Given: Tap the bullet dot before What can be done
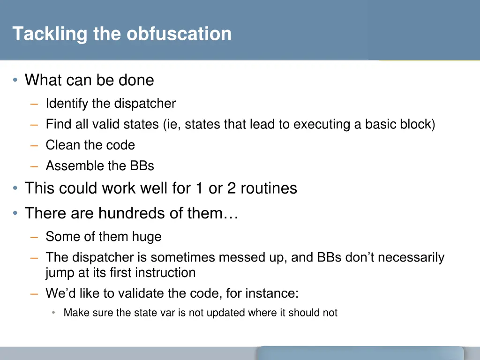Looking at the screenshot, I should pos(15,81).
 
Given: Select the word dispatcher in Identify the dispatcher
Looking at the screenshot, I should pos(145,104).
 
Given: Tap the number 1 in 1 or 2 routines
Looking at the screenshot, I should pos(199,188).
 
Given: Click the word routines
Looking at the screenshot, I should pos(269,188).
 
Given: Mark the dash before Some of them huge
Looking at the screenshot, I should pos(34,237).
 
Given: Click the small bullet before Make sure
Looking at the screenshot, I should pos(54,313).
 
